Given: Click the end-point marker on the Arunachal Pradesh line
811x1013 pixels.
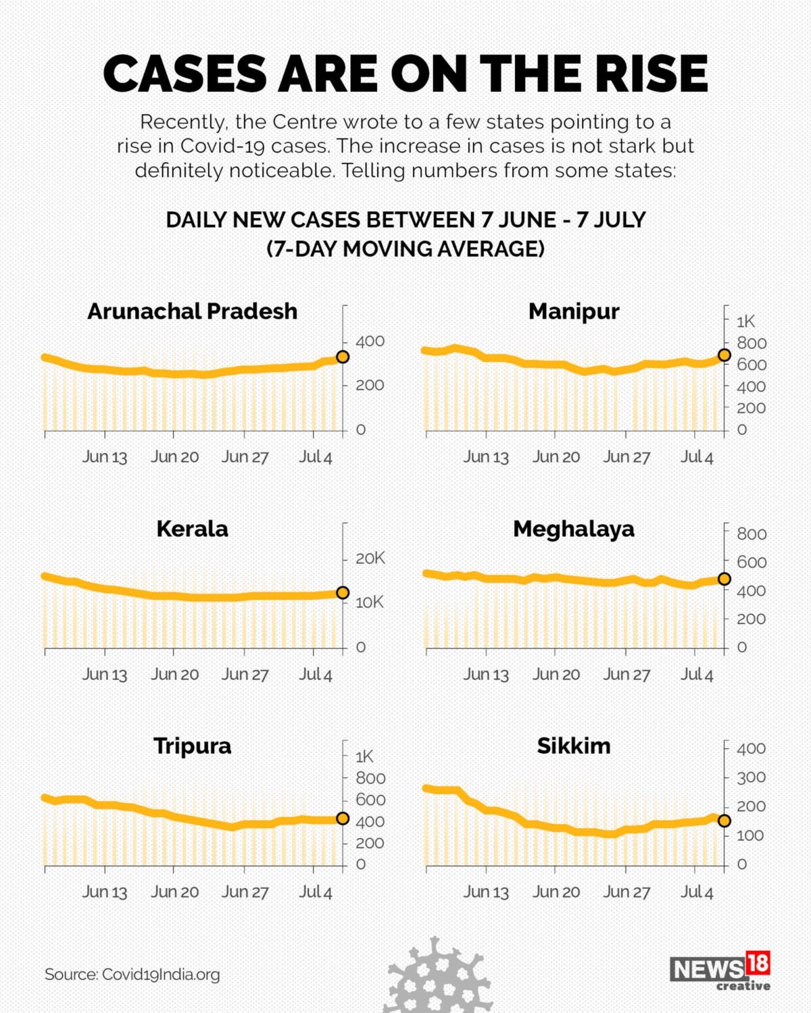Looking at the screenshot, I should coord(343,357).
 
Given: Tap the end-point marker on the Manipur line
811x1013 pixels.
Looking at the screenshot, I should coord(724,355).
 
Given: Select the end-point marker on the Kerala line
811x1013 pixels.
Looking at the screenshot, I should coord(343,592).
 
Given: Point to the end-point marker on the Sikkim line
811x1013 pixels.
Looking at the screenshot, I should coord(724,821).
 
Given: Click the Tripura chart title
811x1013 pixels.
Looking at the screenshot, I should coord(193,746).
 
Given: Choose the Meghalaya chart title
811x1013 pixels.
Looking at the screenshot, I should coord(574,529).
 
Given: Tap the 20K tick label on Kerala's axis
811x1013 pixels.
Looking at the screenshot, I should coord(370,559).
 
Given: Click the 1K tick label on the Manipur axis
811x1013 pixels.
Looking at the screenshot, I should coord(745,321).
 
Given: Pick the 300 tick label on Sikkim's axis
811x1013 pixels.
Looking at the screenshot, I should coord(750,777).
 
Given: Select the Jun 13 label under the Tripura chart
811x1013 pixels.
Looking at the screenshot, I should coord(105,892).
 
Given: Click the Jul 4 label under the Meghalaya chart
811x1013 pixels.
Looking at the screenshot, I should coord(697,675).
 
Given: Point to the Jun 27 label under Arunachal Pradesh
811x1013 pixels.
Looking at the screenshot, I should coord(245,457).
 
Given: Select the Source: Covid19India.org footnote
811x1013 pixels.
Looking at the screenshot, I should coord(132,975).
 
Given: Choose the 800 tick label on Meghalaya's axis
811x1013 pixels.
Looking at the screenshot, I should coord(751,534).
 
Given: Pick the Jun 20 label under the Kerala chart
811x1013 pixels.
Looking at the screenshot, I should coord(175,675).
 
